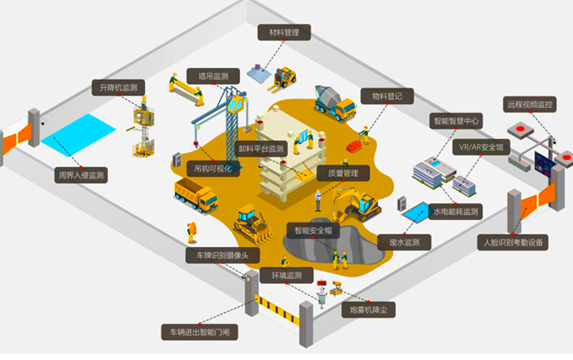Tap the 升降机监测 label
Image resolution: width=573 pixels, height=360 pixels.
click(118, 88)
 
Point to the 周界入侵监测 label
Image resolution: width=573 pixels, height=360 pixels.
click(81, 174)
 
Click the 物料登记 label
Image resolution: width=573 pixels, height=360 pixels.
click(387, 97)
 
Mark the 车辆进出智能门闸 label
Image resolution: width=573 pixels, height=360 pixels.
click(201, 331)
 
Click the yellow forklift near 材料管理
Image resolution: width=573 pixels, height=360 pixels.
click(286, 78)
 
